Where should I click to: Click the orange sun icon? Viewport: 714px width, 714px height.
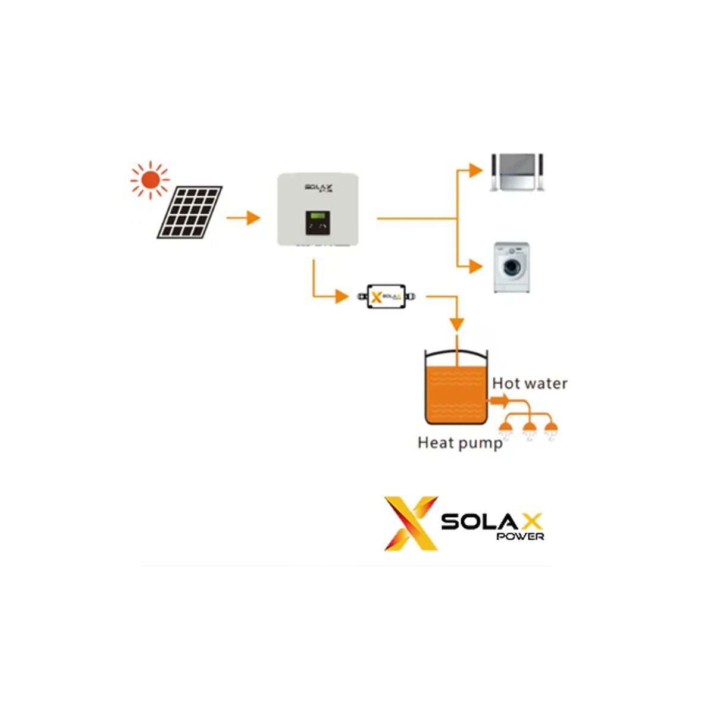point(150,179)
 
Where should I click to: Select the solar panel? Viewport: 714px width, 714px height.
point(190,212)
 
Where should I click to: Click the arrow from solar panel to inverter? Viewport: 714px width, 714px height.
point(243,218)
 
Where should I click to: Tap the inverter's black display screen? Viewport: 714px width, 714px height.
point(317,223)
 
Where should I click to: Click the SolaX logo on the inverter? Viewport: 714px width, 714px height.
point(318,187)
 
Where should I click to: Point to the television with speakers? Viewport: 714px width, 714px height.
point(516,173)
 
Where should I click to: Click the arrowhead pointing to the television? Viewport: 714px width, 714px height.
point(475,170)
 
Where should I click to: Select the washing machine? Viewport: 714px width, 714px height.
point(512,267)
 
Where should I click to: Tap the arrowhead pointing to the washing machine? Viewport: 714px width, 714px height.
point(475,266)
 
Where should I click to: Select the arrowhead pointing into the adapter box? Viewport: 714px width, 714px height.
point(342,296)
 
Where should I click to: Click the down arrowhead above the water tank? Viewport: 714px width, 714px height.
point(456,324)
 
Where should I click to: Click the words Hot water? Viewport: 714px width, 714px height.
point(530,384)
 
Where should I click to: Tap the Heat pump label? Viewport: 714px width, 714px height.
point(460,443)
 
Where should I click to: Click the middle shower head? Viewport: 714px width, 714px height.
point(528,428)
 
